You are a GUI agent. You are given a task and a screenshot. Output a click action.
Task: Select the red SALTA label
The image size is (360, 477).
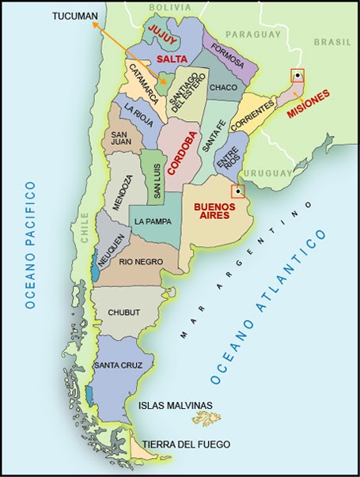172,59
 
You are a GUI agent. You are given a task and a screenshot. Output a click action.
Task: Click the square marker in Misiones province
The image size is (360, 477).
297,76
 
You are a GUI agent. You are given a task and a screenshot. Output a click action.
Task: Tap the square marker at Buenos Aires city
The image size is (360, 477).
237,191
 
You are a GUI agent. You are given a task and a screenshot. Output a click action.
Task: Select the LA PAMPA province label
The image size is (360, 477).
150,221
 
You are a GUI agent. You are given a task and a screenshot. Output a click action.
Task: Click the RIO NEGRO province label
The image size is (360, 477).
140,262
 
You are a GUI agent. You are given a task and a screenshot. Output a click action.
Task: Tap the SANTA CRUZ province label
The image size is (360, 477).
117,365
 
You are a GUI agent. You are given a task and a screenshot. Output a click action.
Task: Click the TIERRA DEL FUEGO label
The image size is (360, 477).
180,443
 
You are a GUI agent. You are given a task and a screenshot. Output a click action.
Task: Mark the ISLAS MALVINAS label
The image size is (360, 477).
176,405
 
